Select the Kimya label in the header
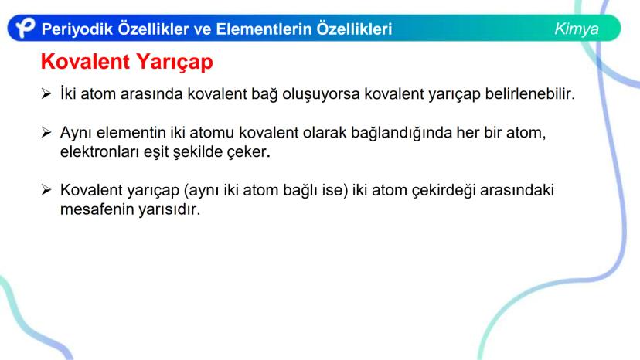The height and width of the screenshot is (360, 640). click(576, 29)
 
